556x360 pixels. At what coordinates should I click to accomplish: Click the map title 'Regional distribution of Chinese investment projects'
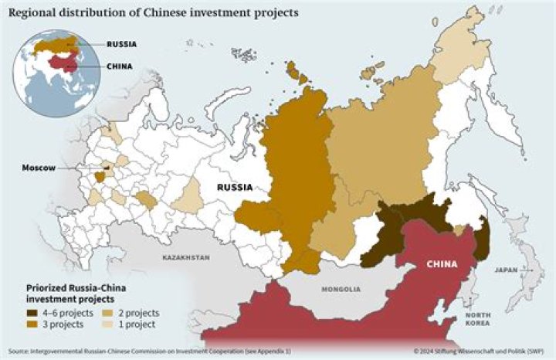[x=147, y=14]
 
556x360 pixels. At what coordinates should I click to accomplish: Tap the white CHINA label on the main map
[x=442, y=264]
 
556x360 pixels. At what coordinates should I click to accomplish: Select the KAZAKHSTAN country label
[x=185, y=256]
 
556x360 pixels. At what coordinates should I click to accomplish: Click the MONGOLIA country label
[x=340, y=289]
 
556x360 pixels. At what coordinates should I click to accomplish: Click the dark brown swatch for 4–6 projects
[x=32, y=313]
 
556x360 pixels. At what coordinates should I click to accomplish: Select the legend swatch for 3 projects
[x=32, y=324]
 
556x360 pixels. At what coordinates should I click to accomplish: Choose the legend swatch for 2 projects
[x=105, y=313]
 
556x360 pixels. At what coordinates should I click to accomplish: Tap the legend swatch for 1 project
[x=105, y=324]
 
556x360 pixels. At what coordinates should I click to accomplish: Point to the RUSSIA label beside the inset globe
[x=121, y=45]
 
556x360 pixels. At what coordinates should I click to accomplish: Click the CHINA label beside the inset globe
[x=119, y=66]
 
